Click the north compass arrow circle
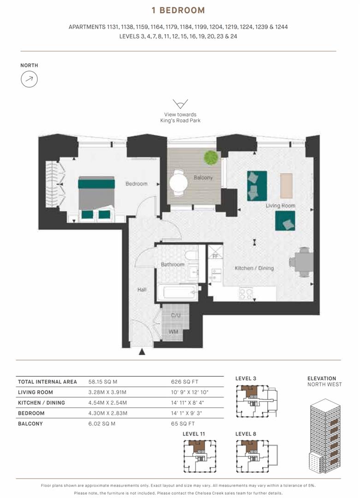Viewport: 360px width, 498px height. pyautogui.click(x=29, y=79)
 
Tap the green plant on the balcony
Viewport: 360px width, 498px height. pyautogui.click(x=211, y=157)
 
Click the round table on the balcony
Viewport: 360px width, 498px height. pyautogui.click(x=178, y=183)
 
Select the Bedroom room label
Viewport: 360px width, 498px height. pyautogui.click(x=136, y=184)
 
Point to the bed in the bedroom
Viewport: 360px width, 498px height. pyautogui.click(x=96, y=197)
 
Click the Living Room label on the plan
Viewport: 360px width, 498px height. pyautogui.click(x=280, y=206)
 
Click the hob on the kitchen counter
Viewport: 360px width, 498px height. pyautogui.click(x=246, y=293)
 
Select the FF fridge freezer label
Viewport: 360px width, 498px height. pyautogui.click(x=216, y=256)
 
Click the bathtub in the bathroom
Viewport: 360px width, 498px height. pyautogui.click(x=177, y=292)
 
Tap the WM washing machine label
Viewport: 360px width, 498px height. pyautogui.click(x=173, y=332)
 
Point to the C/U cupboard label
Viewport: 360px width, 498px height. pyautogui.click(x=176, y=315)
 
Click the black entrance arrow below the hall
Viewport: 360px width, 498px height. pyautogui.click(x=142, y=351)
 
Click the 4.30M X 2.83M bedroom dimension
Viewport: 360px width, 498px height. pyautogui.click(x=107, y=413)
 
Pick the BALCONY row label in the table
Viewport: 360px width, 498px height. pyautogui.click(x=30, y=424)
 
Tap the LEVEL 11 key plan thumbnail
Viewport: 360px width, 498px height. pyautogui.click(x=200, y=456)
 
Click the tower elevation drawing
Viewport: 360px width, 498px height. pyautogui.click(x=325, y=435)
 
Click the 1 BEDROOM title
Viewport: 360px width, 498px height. pyautogui.click(x=178, y=11)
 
